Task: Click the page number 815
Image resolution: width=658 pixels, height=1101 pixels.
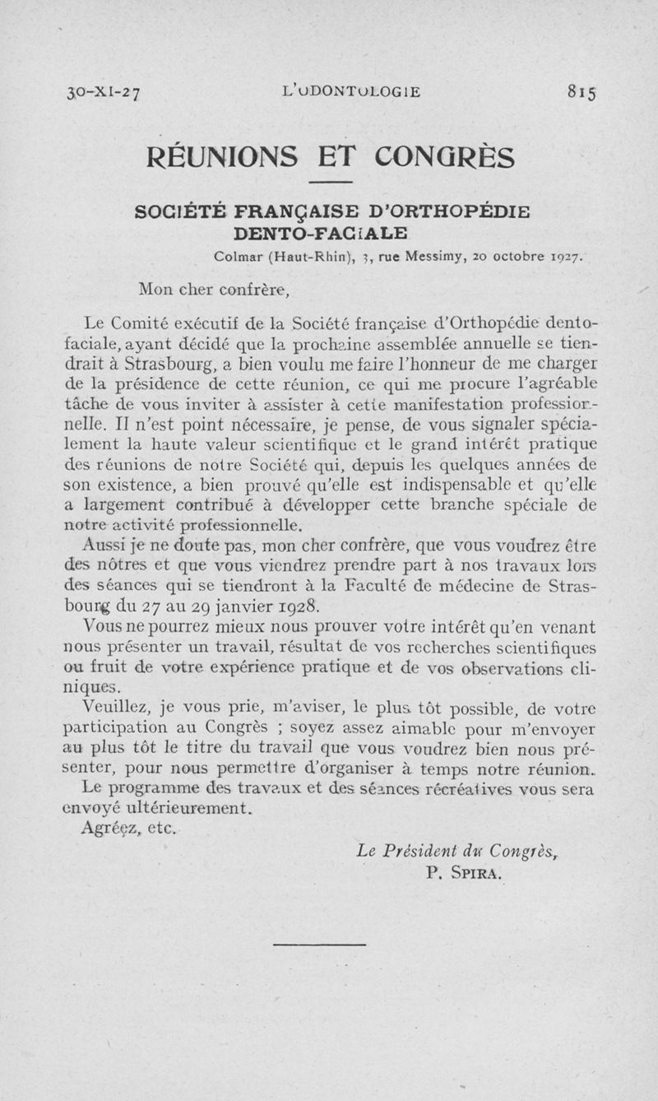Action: [x=581, y=91]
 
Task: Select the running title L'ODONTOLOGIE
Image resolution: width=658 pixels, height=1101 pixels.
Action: [x=350, y=91]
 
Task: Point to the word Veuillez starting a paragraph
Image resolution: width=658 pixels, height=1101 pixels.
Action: [x=114, y=708]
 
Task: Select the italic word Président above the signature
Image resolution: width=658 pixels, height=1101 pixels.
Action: [x=419, y=852]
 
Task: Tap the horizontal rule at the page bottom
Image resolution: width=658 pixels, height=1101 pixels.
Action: [x=329, y=944]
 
